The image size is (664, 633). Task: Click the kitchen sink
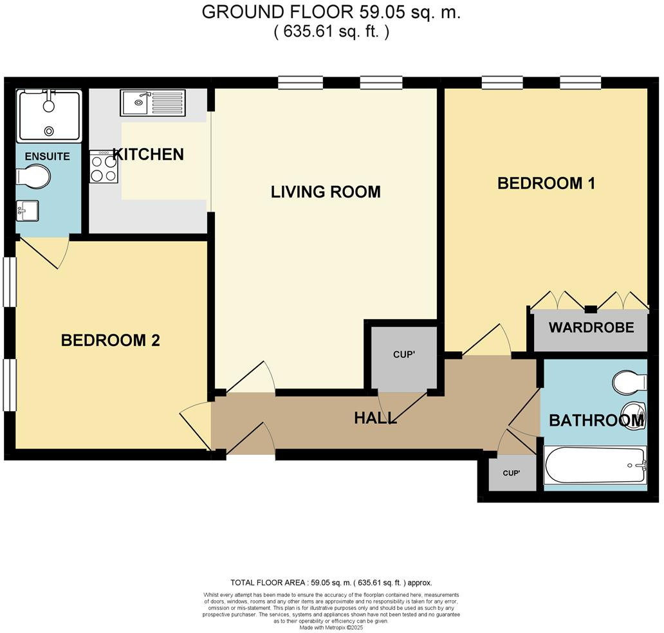pos(152,103)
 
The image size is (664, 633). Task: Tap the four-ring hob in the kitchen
pos(103,166)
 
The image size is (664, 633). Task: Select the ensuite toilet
pos(34,176)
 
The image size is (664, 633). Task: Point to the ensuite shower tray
pos(49,115)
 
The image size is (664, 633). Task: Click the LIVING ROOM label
pos(326,192)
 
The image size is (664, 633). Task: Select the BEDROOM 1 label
pos(546,183)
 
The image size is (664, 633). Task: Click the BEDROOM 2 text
pos(110,340)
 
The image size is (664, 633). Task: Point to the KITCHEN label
pos(149,154)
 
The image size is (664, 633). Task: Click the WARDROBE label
pos(591,327)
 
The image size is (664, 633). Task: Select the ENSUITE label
pos(47,156)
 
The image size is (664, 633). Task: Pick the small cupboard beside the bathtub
pos(511,473)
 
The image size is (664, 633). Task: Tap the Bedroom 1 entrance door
pos(487,340)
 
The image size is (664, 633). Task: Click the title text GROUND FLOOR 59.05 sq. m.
pos(331,12)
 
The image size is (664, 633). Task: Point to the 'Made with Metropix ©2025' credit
pos(331,627)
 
